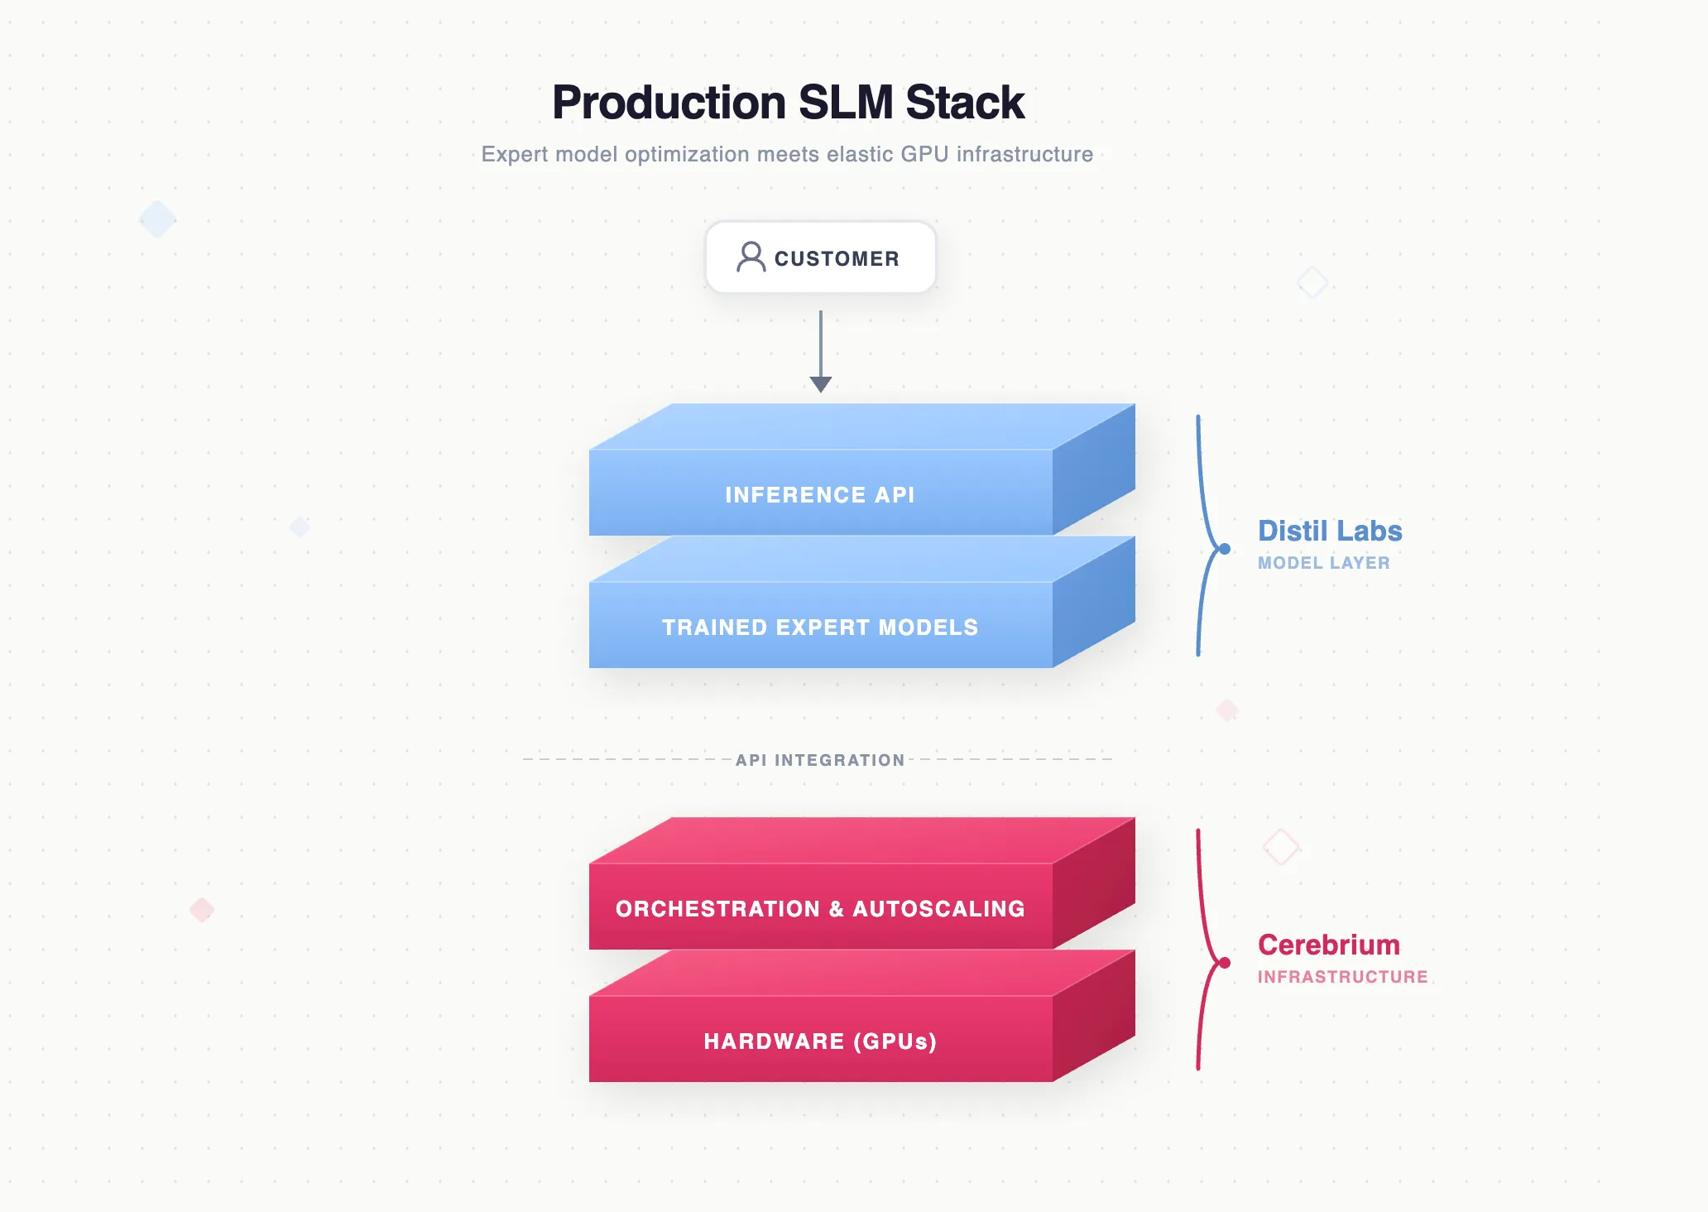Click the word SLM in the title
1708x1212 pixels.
[846, 103]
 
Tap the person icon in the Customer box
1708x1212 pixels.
[751, 257]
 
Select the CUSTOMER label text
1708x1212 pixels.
[837, 259]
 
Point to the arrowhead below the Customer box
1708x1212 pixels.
[820, 384]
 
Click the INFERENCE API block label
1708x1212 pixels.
[820, 495]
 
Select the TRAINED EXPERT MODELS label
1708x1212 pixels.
[820, 628]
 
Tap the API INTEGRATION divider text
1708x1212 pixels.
[820, 760]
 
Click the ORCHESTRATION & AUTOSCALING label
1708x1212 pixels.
[820, 909]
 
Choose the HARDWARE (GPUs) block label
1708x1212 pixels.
[820, 1041]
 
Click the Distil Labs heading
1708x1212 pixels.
[1330, 531]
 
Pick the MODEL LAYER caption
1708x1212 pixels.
[1323, 563]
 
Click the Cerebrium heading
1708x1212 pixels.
[1328, 945]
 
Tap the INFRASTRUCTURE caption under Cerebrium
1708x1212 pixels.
[1342, 977]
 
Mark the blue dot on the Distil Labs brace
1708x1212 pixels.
[1225, 548]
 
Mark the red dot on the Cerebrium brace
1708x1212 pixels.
[1225, 962]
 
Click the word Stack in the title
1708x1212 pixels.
[965, 103]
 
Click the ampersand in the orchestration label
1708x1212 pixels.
[836, 909]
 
